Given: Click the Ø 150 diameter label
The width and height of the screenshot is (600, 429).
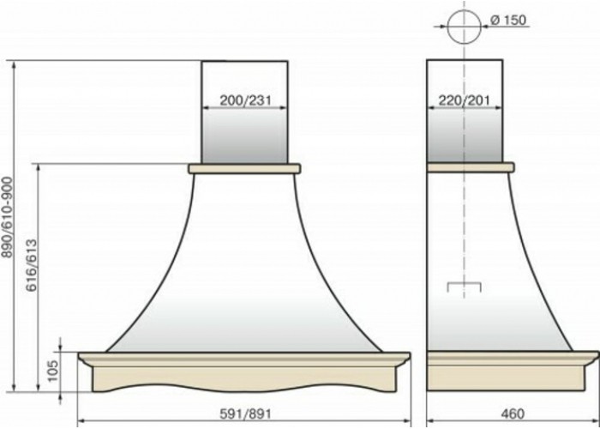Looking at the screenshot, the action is tap(508, 20).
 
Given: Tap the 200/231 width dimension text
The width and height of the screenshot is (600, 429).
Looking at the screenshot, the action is tap(245, 100).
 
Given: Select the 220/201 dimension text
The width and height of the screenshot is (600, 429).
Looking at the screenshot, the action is tap(465, 100).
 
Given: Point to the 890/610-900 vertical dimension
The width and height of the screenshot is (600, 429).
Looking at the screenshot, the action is tap(9, 217).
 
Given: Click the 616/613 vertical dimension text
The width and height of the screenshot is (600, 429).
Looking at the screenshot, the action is tap(33, 265).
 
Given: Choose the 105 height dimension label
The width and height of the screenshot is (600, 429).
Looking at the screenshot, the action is tap(53, 371).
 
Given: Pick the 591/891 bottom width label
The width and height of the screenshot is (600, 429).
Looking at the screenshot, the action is tap(245, 414).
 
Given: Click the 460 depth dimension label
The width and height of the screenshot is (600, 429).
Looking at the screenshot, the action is tap(512, 414).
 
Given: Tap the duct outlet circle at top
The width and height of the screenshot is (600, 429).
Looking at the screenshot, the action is tap(465, 27).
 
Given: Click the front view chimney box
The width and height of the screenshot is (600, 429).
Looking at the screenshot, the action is tap(244, 112).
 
